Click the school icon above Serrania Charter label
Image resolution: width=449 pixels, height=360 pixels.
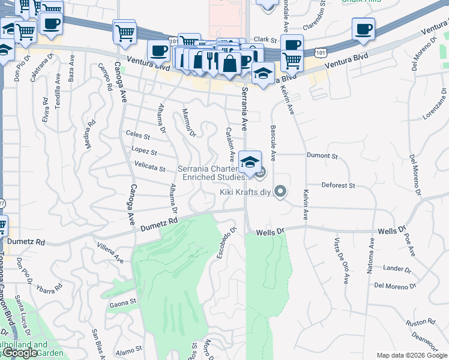250,161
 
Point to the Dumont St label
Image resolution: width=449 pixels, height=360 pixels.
322,156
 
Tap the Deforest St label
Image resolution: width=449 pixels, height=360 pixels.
339,185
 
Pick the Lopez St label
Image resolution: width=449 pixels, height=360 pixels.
144,151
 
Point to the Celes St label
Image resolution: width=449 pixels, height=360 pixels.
137,136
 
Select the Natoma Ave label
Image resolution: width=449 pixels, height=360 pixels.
372,256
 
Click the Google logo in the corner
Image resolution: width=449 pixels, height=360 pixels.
20,353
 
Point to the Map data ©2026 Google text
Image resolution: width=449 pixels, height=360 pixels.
411,355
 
